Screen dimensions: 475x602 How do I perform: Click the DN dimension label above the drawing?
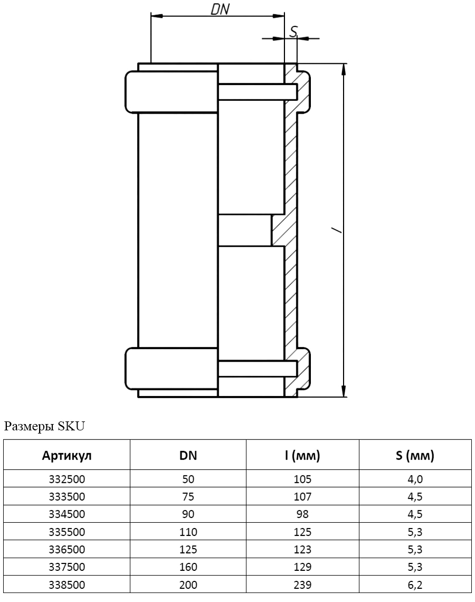click(220, 9)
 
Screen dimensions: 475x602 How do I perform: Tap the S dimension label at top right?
click(293, 31)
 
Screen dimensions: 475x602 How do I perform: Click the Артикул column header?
click(66, 456)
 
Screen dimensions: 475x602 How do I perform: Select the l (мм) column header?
click(302, 455)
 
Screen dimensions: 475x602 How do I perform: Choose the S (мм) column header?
click(415, 455)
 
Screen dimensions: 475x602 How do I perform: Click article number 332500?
click(66, 479)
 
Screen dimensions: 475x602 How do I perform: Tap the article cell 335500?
click(66, 532)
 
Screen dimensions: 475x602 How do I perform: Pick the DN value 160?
click(188, 567)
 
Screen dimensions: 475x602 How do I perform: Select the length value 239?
click(302, 585)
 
